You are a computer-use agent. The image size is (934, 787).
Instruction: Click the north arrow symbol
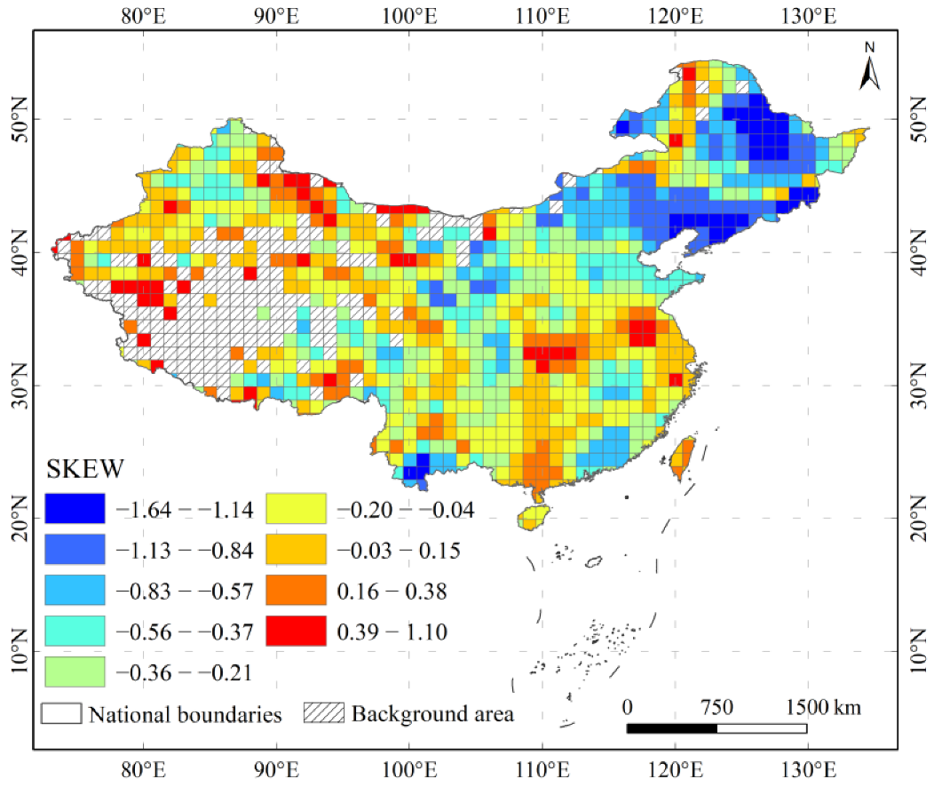tap(869, 68)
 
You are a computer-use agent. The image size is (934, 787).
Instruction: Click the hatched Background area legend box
tap(324, 713)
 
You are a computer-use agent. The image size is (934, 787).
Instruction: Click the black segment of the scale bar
tap(671, 728)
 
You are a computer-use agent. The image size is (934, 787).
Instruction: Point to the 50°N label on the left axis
tap(18, 118)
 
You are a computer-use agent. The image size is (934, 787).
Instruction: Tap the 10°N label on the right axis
tap(917, 651)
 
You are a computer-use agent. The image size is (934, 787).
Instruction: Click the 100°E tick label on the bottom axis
tap(408, 768)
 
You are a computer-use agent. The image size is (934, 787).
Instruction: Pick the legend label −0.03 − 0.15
tap(399, 551)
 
